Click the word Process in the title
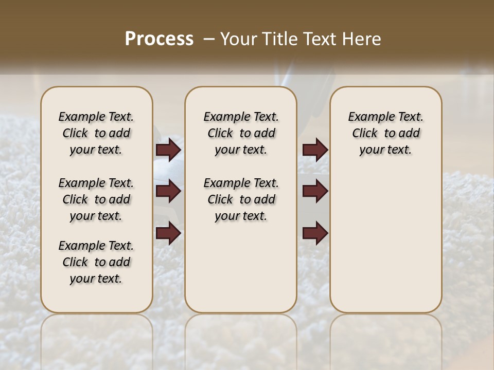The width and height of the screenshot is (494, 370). pyautogui.click(x=159, y=39)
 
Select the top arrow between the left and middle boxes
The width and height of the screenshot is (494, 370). pyautogui.click(x=168, y=150)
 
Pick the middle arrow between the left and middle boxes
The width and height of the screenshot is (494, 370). pyautogui.click(x=168, y=192)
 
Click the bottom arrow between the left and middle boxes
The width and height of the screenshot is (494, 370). pyautogui.click(x=168, y=233)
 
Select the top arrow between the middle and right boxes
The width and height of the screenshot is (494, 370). pyautogui.click(x=315, y=150)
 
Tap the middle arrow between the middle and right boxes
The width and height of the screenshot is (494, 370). pyautogui.click(x=315, y=192)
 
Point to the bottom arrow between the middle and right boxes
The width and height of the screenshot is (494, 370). pyautogui.click(x=315, y=233)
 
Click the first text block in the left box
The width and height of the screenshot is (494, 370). pyautogui.click(x=96, y=133)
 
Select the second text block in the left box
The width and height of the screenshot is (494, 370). pyautogui.click(x=96, y=199)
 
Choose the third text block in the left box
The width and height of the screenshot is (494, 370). pyautogui.click(x=96, y=262)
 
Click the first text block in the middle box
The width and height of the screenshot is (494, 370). pyautogui.click(x=241, y=133)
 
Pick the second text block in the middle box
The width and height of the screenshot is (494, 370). pyautogui.click(x=241, y=199)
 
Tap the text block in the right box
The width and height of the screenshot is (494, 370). pyautogui.click(x=386, y=133)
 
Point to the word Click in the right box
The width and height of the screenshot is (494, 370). pyautogui.click(x=365, y=134)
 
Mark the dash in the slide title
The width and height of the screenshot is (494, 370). pyautogui.click(x=209, y=39)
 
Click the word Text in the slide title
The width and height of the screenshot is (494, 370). pyautogui.click(x=319, y=39)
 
